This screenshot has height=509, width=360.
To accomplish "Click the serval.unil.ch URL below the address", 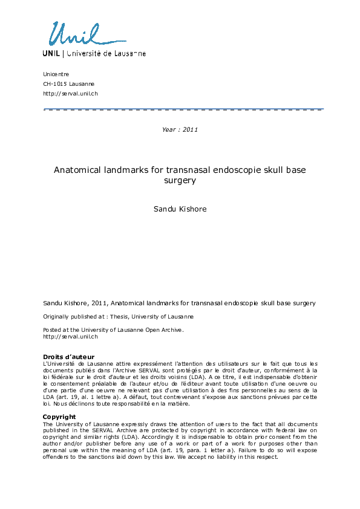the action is pyautogui.click(x=70, y=93).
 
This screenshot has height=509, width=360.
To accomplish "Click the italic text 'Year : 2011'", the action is pyautogui.click(x=180, y=129).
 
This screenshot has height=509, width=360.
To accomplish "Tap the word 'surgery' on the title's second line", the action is pyautogui.click(x=180, y=180).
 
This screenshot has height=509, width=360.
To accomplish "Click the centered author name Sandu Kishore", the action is pyautogui.click(x=180, y=209).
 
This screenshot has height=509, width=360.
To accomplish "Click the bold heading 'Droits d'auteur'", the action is pyautogui.click(x=68, y=356).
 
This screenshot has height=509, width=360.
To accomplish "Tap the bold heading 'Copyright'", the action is pyautogui.click(x=59, y=417).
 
